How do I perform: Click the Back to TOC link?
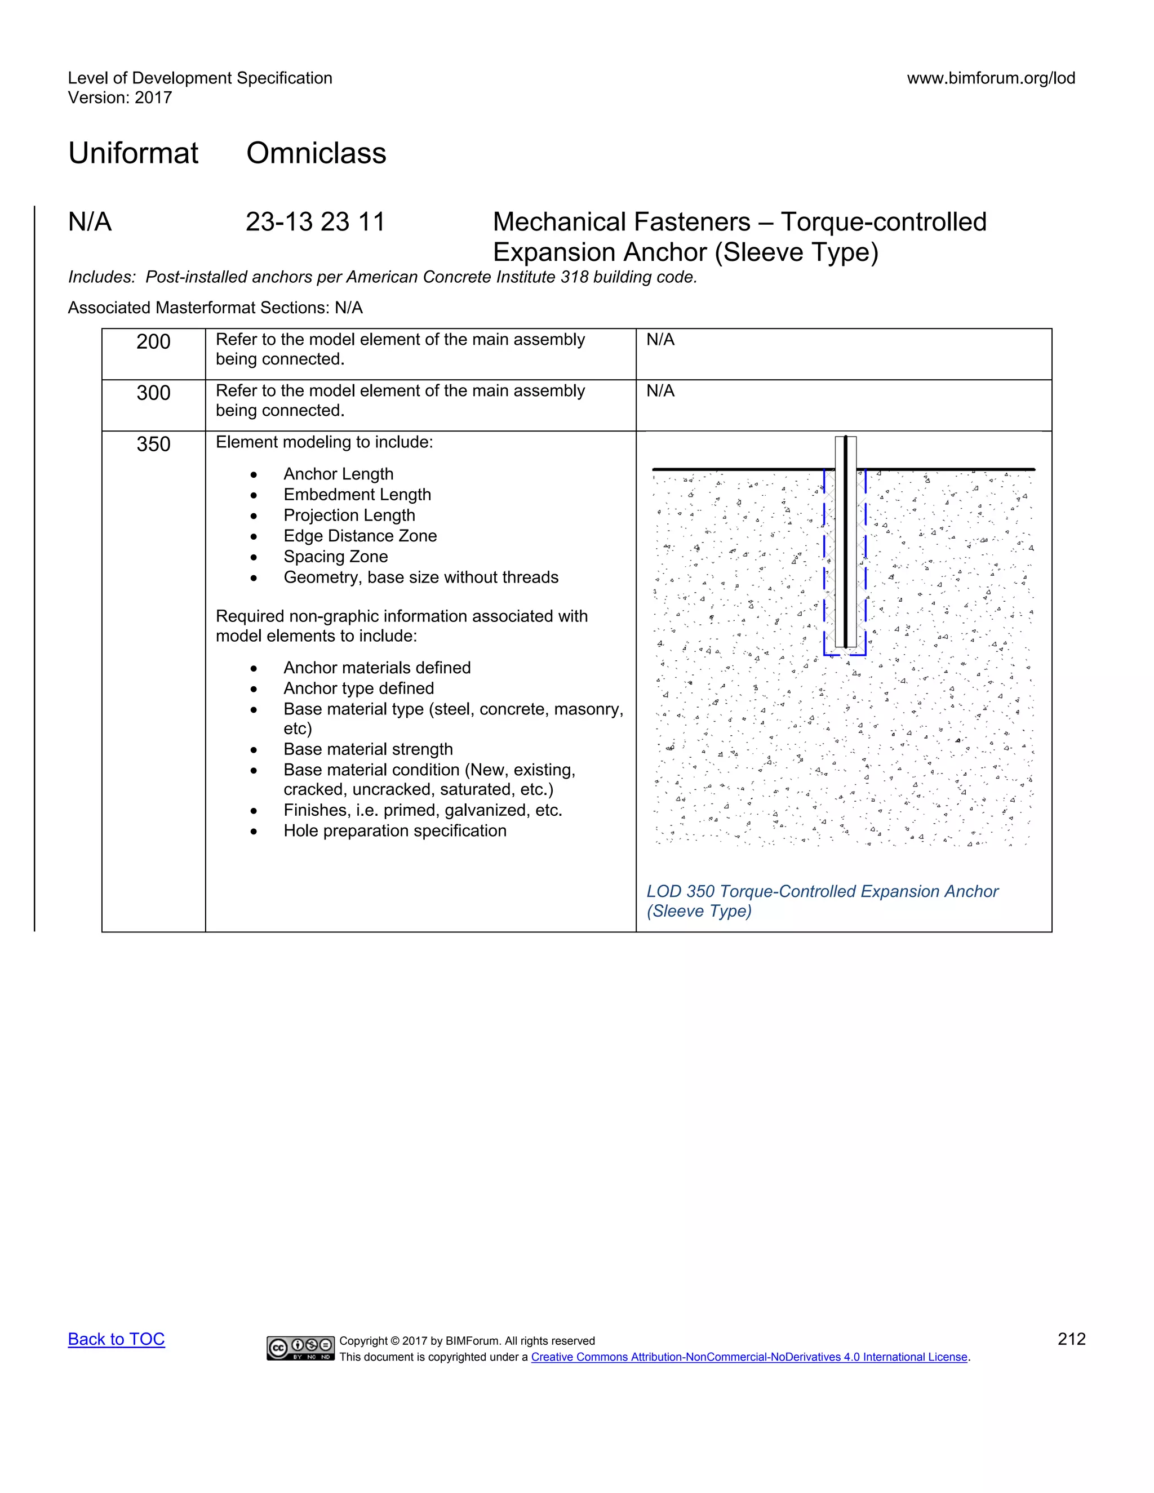click(x=116, y=1339)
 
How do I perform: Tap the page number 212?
click(x=1071, y=1339)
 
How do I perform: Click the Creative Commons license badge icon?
click(x=301, y=1348)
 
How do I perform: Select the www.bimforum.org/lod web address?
click(x=991, y=78)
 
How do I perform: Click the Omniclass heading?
click(x=316, y=153)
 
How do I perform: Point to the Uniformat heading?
click(x=134, y=153)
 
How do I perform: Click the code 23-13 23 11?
click(x=315, y=222)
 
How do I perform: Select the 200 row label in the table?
click(x=153, y=342)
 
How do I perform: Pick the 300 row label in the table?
click(x=153, y=393)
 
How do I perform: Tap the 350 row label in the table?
click(x=153, y=445)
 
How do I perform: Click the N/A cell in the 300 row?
click(x=660, y=391)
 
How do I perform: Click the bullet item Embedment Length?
click(x=357, y=495)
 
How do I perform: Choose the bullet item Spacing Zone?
click(x=336, y=557)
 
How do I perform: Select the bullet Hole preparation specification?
click(x=394, y=830)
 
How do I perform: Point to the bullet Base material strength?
click(x=368, y=749)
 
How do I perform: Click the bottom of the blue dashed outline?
click(x=845, y=655)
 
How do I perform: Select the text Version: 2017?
click(x=119, y=98)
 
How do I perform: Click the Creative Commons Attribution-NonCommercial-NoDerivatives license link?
click(x=749, y=1357)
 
